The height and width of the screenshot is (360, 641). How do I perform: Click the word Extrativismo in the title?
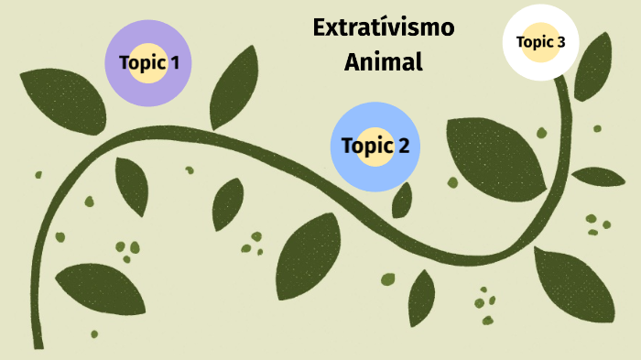click(x=383, y=27)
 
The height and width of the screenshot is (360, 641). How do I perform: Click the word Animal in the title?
click(x=383, y=62)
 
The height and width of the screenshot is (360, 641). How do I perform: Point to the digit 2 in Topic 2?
click(x=402, y=146)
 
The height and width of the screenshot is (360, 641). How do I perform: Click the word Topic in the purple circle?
click(x=142, y=63)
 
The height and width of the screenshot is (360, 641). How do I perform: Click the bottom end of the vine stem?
click(x=38, y=343)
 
